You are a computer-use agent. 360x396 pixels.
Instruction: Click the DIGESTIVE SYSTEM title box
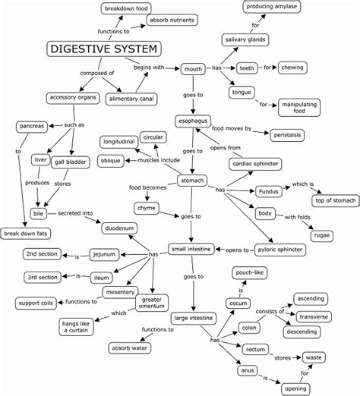coord(105,49)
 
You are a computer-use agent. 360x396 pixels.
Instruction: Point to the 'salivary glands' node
coord(243,39)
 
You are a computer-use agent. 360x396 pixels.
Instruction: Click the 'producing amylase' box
coord(271,7)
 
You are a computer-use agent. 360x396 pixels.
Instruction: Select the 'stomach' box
coord(192,181)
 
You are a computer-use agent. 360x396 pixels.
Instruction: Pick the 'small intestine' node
coord(191,248)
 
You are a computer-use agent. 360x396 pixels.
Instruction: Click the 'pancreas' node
coord(32,125)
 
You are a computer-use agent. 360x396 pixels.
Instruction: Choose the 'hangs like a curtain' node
coord(77,327)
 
